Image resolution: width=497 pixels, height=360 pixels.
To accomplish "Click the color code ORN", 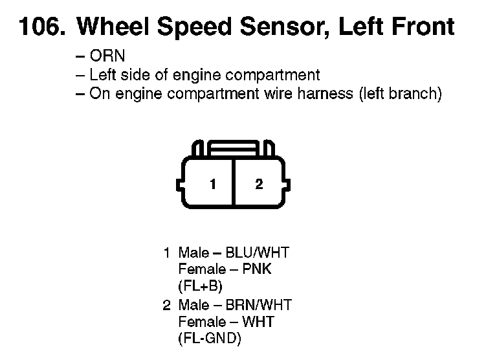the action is [107, 56].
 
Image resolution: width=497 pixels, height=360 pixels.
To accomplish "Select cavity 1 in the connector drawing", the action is [212, 185].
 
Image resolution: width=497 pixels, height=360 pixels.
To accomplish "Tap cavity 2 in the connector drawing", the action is [259, 185].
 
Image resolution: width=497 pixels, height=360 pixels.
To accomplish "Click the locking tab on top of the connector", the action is [235, 148].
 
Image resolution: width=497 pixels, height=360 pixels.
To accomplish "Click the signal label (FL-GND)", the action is [209, 339].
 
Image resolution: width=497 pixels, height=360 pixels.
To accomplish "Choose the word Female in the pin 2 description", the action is [199, 322].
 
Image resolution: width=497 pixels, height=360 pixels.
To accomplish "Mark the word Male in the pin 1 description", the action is [193, 253].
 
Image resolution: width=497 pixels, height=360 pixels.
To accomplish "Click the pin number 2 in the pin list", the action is [166, 304].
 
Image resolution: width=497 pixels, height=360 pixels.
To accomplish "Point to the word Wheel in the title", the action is [113, 27].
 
